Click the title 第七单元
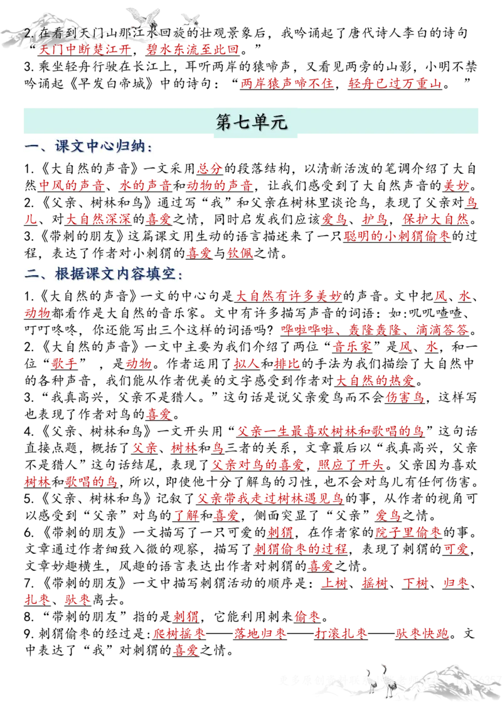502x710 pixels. point(251,122)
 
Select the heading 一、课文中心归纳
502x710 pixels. point(88,147)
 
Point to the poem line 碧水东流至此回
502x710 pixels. point(192,50)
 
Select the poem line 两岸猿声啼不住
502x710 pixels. point(287,83)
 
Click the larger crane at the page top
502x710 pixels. point(142,18)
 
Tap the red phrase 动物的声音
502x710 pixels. point(220,185)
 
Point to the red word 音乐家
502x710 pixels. point(354,346)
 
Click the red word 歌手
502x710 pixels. point(63,363)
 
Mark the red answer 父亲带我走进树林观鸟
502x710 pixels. point(270,499)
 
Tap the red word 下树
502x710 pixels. point(415,583)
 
